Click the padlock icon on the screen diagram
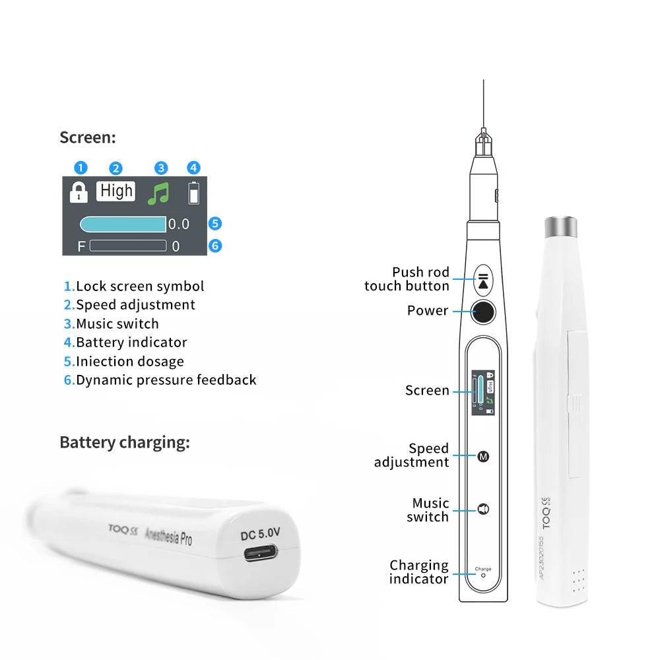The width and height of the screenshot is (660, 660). click(x=79, y=193)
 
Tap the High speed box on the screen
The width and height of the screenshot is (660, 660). click(x=116, y=191)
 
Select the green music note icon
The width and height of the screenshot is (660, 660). click(x=158, y=193)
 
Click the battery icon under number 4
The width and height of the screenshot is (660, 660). click(x=193, y=193)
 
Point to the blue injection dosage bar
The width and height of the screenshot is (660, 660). click(x=123, y=224)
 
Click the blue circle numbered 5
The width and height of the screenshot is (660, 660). click(x=214, y=224)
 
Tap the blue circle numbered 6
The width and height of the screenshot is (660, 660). click(x=214, y=246)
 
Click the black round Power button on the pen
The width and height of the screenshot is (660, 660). click(x=484, y=312)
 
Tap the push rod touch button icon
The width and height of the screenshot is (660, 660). click(x=484, y=280)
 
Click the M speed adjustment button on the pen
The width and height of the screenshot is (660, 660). click(x=482, y=456)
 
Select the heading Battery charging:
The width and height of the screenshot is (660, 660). click(x=124, y=442)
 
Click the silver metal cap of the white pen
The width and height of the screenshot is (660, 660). click(x=561, y=227)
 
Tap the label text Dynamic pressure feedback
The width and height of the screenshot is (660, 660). click(x=166, y=380)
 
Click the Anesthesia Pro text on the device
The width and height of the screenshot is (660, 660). click(x=168, y=534)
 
